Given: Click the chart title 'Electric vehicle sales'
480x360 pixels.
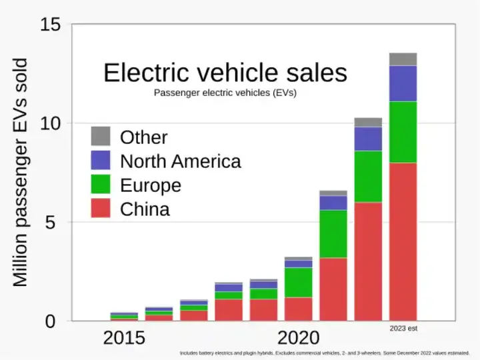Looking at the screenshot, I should pyautogui.click(x=225, y=73).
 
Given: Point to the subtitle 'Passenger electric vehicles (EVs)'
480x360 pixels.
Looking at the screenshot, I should pyautogui.click(x=225, y=93).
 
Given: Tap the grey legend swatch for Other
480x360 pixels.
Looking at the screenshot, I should pyautogui.click(x=101, y=137).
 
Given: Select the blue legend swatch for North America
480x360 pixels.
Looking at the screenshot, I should pyautogui.click(x=101, y=161).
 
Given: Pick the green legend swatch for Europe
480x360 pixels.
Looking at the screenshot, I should pyautogui.click(x=101, y=185).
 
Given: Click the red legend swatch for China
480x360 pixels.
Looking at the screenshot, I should pyautogui.click(x=101, y=209).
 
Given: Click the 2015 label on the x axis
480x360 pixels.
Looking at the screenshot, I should pyautogui.click(x=124, y=337).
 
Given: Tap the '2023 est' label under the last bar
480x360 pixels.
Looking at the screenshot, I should pyautogui.click(x=403, y=329).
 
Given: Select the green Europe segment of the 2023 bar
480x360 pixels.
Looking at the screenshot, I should pyautogui.click(x=403, y=132).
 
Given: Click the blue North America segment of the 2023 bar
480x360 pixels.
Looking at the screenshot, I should pyautogui.click(x=403, y=83).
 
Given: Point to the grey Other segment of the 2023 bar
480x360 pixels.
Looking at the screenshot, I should pyautogui.click(x=403, y=59).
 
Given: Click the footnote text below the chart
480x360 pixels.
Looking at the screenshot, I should pyautogui.click(x=325, y=353).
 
